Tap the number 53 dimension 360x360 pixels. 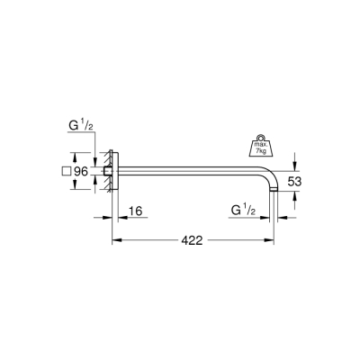[306, 182]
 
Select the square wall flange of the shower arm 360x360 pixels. [112, 170]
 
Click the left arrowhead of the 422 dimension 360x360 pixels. [114, 240]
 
